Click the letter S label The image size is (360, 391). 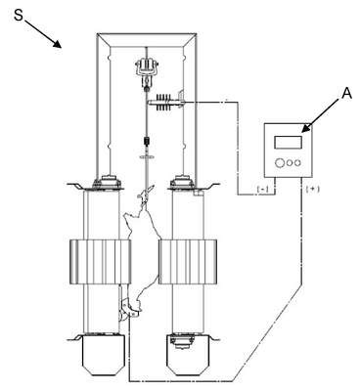[x=19, y=15]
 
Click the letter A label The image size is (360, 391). [x=347, y=94]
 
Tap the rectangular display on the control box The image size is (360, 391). [x=288, y=143]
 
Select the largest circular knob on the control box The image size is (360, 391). [x=280, y=162]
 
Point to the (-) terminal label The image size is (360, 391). [x=262, y=189]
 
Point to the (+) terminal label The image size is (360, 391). [x=312, y=189]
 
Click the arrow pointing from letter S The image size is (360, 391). [x=43, y=33]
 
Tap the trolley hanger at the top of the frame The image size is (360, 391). [x=147, y=71]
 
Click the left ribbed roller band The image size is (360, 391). [x=101, y=262]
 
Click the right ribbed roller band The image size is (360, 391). [x=188, y=262]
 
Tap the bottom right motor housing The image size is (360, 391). [x=188, y=355]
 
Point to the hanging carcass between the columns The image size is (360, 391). [x=144, y=251]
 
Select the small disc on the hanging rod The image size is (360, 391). [x=148, y=157]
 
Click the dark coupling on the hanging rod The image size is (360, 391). [x=147, y=142]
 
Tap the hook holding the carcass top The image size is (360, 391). [x=146, y=193]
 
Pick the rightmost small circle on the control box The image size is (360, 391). [x=297, y=162]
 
